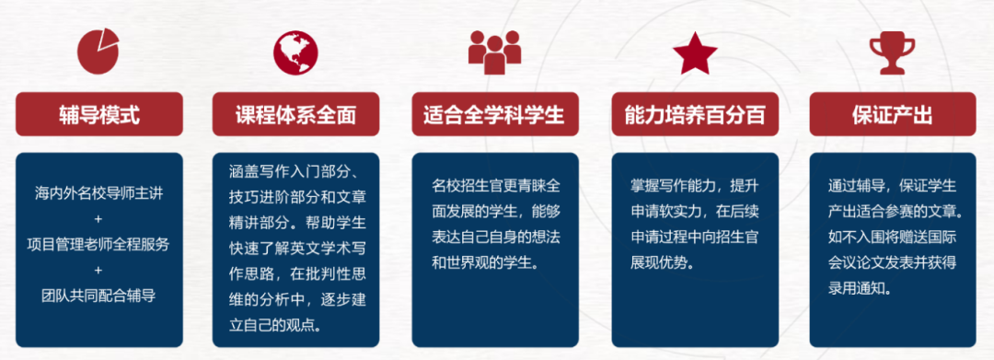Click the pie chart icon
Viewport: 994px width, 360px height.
(98, 52)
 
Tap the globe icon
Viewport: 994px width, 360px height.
(295, 52)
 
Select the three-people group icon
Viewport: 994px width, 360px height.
(494, 52)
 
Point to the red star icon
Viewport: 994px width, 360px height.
(695, 52)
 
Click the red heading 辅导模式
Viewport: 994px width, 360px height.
(99, 115)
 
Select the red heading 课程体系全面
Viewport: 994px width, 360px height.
(296, 115)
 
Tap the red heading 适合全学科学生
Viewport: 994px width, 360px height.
(494, 115)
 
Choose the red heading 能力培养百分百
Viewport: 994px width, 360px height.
(695, 115)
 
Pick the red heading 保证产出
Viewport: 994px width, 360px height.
(893, 115)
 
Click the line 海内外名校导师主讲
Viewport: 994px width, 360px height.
(98, 193)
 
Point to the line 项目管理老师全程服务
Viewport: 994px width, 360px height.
(98, 244)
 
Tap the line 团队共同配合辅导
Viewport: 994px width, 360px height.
(98, 295)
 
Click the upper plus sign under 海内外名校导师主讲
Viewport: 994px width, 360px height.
(98, 219)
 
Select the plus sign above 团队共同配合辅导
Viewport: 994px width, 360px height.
(98, 270)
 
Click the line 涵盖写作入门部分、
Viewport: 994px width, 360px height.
(295, 171)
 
